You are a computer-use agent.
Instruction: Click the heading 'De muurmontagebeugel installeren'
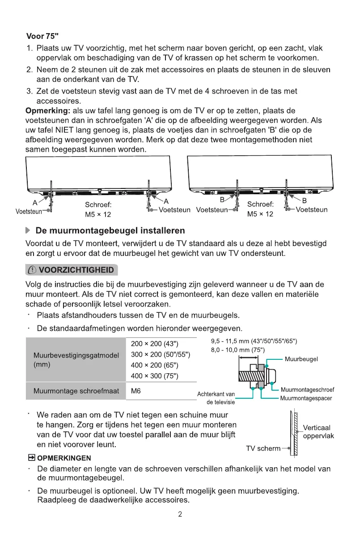pos(110,231)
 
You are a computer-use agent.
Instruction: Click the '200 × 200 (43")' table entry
pos(155,344)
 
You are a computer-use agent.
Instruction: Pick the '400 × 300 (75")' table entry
pos(155,376)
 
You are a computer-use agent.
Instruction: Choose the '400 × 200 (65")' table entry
pos(155,365)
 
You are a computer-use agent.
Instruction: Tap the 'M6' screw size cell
pos(136,391)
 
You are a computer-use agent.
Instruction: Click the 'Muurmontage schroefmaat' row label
pos(76,391)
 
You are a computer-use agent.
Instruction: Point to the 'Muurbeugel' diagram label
pos(301,359)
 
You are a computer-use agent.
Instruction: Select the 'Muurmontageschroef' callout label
pos(307,390)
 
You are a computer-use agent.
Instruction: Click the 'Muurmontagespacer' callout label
pos(306,398)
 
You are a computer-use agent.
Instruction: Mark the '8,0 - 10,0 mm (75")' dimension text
pos(238,350)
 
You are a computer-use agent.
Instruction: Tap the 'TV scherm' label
pos(263,448)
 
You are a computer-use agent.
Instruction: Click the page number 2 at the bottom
pos(180,514)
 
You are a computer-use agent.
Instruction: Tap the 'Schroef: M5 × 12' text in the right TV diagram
pos(260,209)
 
